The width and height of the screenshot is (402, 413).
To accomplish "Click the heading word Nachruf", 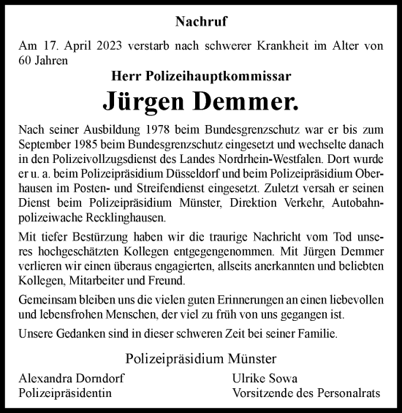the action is (200, 23).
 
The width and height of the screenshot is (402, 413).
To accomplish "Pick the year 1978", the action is (134, 128).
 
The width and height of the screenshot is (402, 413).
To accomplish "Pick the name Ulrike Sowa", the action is (254, 379).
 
